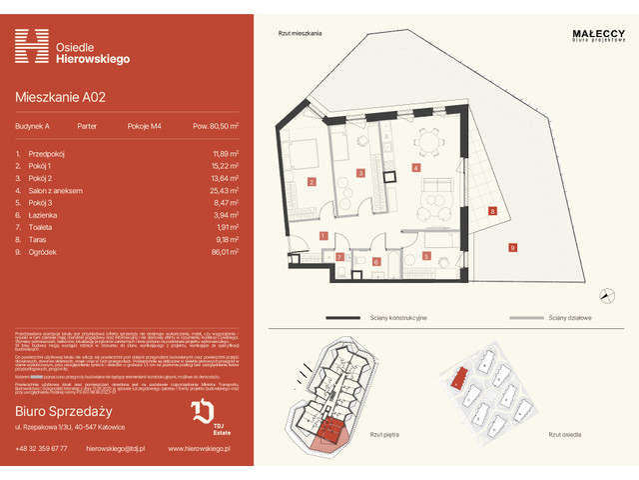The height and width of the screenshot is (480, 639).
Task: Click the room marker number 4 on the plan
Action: click(415, 169)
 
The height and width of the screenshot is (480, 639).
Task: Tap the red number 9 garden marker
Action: click(512, 247)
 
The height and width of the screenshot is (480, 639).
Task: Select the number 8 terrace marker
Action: click(492, 211)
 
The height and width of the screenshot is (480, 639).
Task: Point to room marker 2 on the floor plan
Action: click(312, 182)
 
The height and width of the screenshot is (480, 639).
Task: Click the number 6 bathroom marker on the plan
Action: click(376, 261)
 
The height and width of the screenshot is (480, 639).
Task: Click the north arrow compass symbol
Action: click(606, 293)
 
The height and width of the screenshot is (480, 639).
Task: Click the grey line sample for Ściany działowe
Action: click(530, 317)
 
